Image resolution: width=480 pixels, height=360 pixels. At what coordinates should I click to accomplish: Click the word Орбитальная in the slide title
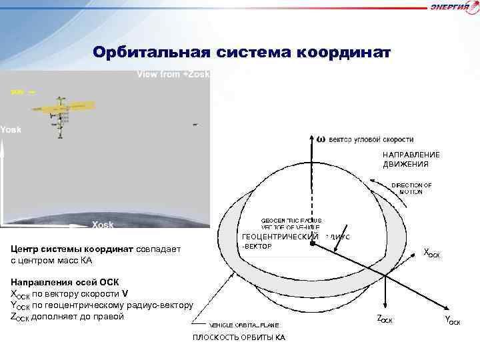151,52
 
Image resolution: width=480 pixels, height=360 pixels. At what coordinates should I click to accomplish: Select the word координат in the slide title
342,52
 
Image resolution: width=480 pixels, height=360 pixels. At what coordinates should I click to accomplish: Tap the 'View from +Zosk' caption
173,75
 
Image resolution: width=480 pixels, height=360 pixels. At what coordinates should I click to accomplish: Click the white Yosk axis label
11,129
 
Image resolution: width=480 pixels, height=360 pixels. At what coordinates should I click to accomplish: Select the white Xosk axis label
102,225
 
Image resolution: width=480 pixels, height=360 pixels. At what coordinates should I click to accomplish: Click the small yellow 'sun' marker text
17,92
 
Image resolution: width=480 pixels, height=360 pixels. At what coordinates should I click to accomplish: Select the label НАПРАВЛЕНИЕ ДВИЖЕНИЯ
411,159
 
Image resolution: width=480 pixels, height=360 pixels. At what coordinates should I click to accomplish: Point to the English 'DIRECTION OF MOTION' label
411,188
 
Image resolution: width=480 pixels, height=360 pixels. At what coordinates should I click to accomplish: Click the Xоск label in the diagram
432,253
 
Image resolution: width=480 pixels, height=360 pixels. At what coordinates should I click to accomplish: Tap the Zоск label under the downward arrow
385,320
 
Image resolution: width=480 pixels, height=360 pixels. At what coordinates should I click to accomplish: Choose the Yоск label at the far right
453,321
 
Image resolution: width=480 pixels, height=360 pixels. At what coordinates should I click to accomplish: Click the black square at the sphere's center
312,244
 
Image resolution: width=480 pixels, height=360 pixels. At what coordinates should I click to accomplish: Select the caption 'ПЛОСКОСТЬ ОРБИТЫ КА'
239,337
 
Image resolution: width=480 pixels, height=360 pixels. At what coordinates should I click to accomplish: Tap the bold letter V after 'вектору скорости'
125,293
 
